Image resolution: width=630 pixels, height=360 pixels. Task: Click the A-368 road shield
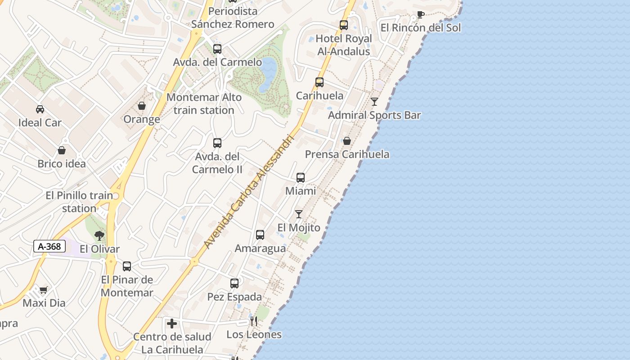click(x=49, y=246)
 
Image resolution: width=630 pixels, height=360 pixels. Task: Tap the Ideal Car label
click(x=40, y=122)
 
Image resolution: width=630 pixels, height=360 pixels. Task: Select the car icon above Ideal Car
click(x=40, y=109)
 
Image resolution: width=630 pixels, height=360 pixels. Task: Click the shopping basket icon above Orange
click(x=142, y=106)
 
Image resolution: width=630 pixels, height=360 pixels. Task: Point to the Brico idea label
click(x=62, y=163)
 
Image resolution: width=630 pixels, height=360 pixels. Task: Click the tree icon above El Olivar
click(x=99, y=235)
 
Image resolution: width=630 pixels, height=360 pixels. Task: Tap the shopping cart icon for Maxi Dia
click(x=43, y=290)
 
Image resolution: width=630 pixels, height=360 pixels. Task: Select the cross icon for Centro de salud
click(x=171, y=323)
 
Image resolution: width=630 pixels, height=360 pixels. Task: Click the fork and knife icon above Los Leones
click(x=254, y=321)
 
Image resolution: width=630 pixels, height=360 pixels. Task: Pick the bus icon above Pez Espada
click(x=234, y=283)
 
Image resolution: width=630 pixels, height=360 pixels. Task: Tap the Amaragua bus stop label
click(x=260, y=248)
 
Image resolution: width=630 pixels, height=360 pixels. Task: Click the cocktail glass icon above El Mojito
click(x=299, y=214)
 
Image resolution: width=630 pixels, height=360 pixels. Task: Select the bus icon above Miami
click(x=301, y=177)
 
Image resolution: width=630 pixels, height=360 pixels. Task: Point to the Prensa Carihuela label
click(x=347, y=154)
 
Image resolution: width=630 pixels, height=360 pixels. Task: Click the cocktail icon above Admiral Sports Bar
click(x=374, y=101)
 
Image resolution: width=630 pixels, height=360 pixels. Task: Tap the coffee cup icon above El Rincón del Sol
click(x=420, y=14)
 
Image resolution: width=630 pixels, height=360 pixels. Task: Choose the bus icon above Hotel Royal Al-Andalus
click(x=344, y=25)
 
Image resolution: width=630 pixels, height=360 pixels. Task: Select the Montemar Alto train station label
click(x=204, y=103)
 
